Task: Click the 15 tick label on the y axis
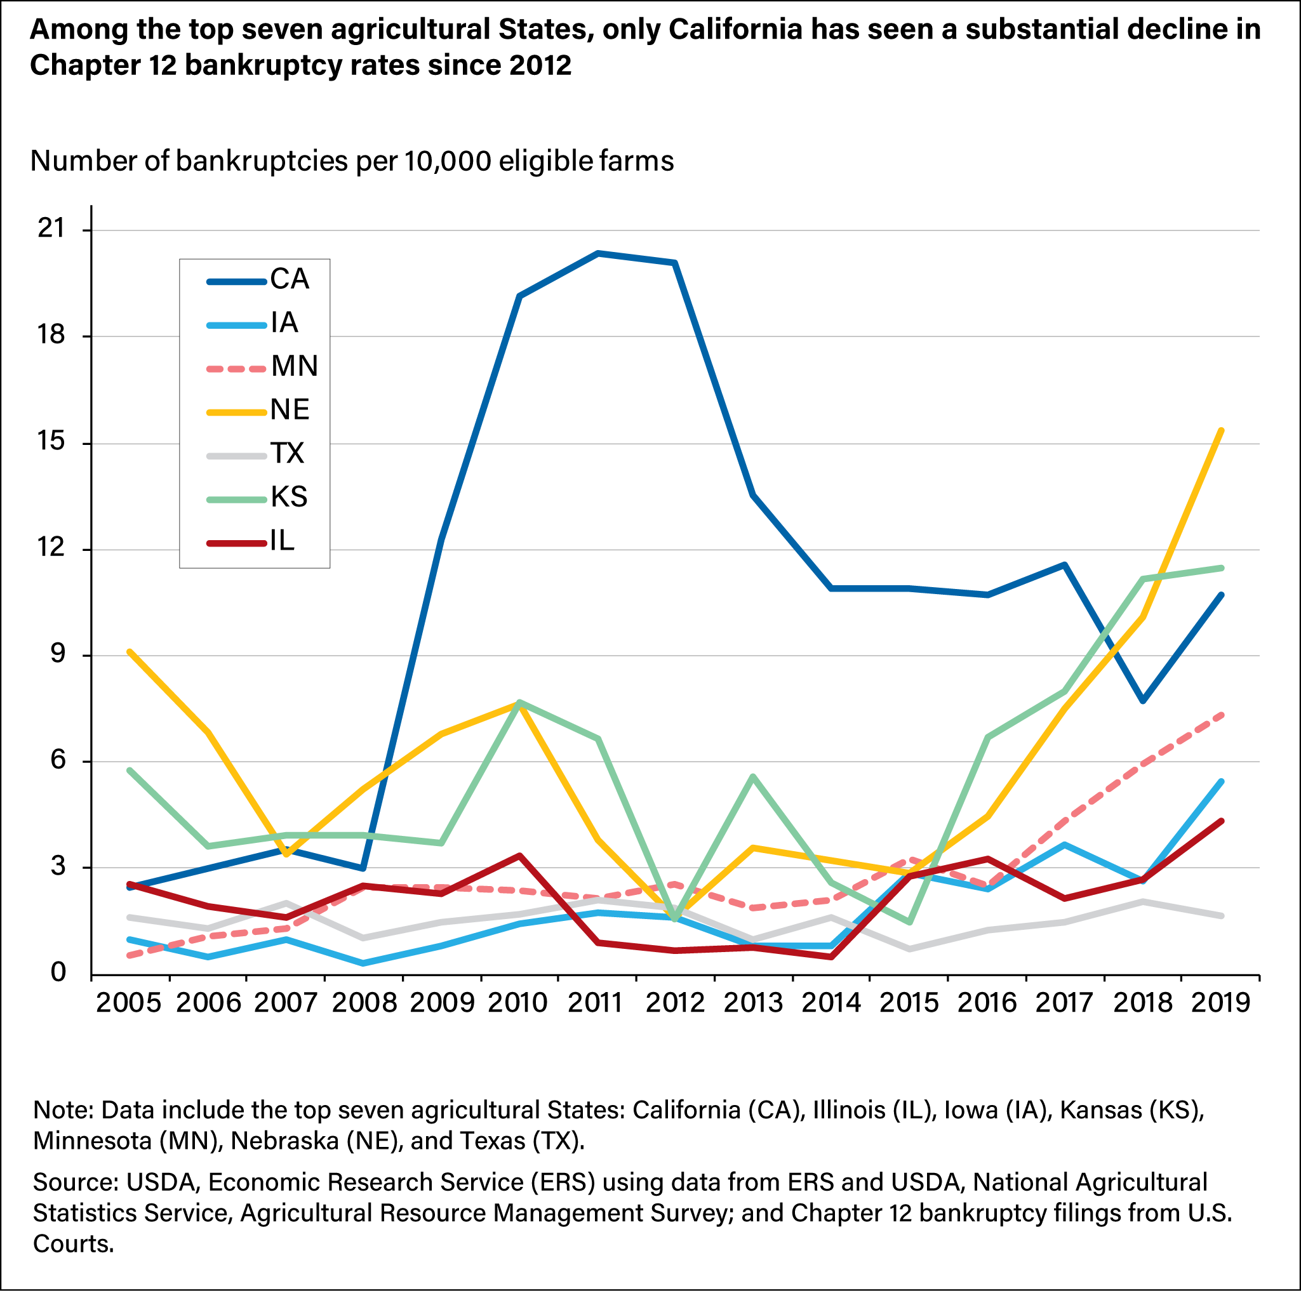coord(51,442)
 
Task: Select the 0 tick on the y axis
coord(58,972)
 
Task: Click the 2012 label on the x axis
coord(675,1003)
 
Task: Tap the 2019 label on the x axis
coord(1220,1003)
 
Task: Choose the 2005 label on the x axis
coord(129,1003)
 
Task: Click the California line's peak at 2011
coord(597,253)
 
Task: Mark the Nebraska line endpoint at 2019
coord(1222,430)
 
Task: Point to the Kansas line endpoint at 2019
coord(1222,567)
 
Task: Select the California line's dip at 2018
coord(1143,701)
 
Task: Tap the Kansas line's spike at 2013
coord(753,776)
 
